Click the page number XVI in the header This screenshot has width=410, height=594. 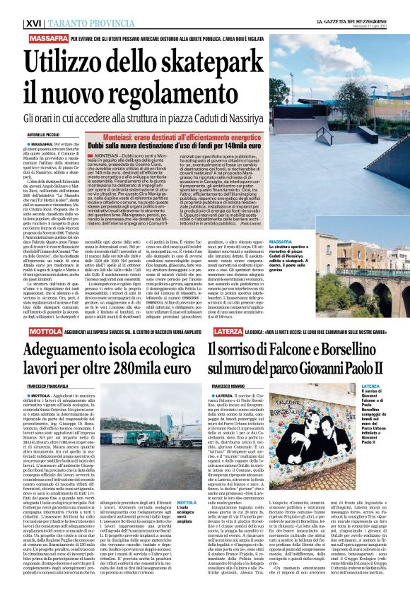13,7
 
